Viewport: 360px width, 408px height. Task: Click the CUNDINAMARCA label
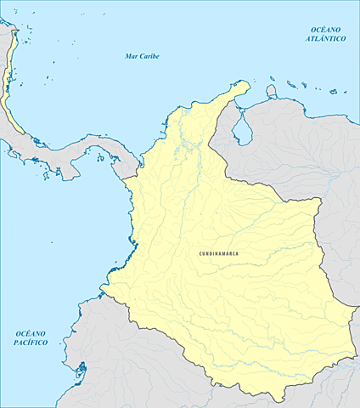218,253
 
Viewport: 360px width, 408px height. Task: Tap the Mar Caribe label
142,56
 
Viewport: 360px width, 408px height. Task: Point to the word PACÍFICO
31,342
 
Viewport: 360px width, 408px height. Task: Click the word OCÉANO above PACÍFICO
31,332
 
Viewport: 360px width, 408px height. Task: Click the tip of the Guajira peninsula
247,84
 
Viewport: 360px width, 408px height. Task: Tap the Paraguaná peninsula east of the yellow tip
272,90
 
